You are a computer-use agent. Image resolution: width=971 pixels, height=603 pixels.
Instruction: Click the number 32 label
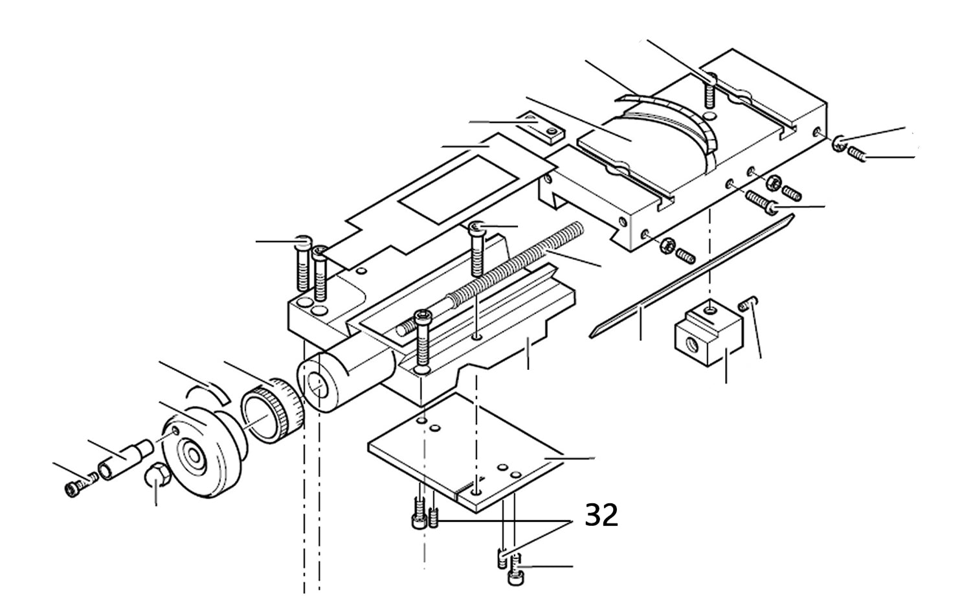tap(601, 516)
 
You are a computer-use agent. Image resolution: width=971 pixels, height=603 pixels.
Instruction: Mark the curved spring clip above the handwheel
tap(206, 390)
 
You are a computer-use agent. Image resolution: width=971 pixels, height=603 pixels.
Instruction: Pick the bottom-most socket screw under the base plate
tap(516, 576)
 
